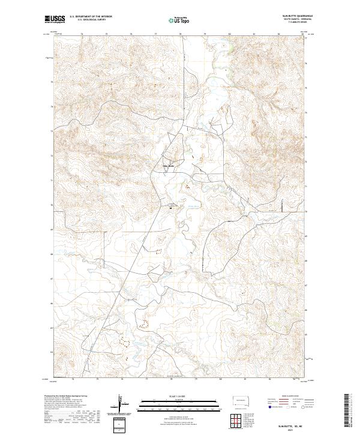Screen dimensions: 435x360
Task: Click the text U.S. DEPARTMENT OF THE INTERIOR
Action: click(90, 16)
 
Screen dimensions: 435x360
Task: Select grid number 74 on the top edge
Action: click(82, 35)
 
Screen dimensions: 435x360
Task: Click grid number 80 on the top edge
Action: click(230, 35)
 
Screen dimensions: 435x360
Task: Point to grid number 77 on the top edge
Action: click(156, 35)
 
